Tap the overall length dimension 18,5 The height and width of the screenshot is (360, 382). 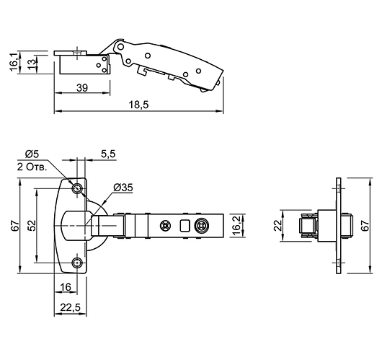[x=139, y=105]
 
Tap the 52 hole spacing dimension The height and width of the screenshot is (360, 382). [x=31, y=225]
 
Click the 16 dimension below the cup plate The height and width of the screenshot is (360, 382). [x=66, y=286]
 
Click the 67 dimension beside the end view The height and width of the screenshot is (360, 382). [x=365, y=225]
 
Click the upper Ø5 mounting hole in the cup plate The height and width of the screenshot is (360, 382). [x=78, y=188]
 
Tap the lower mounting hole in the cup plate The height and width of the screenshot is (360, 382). [x=78, y=263]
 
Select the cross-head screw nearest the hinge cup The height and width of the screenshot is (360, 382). [x=166, y=225]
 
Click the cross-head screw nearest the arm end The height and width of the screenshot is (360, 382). [x=203, y=225]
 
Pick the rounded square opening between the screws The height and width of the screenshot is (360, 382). [x=185, y=225]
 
